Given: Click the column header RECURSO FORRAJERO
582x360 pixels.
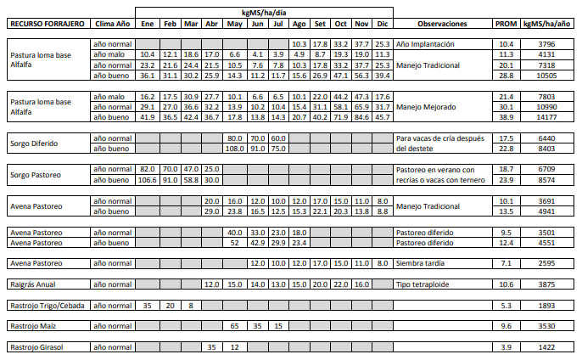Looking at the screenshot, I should tap(46, 23).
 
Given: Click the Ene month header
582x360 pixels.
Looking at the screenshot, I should tap(146, 23).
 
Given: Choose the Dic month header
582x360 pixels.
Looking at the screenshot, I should tap(382, 23).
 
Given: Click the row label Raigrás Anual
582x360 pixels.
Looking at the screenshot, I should tap(33, 284).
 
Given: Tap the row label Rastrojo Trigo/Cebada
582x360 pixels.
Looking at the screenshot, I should tap(47, 305).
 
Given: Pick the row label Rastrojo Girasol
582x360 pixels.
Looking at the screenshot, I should tap(36, 346).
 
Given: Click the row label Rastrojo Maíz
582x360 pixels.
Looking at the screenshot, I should tap(32, 325).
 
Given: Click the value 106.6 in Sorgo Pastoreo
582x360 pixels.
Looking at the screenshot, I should tap(147, 180).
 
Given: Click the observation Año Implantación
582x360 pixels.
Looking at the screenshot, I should tap(425, 43).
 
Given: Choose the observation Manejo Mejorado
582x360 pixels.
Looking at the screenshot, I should tap(426, 107).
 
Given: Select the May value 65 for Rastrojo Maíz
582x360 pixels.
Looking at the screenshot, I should tap(234, 325).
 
